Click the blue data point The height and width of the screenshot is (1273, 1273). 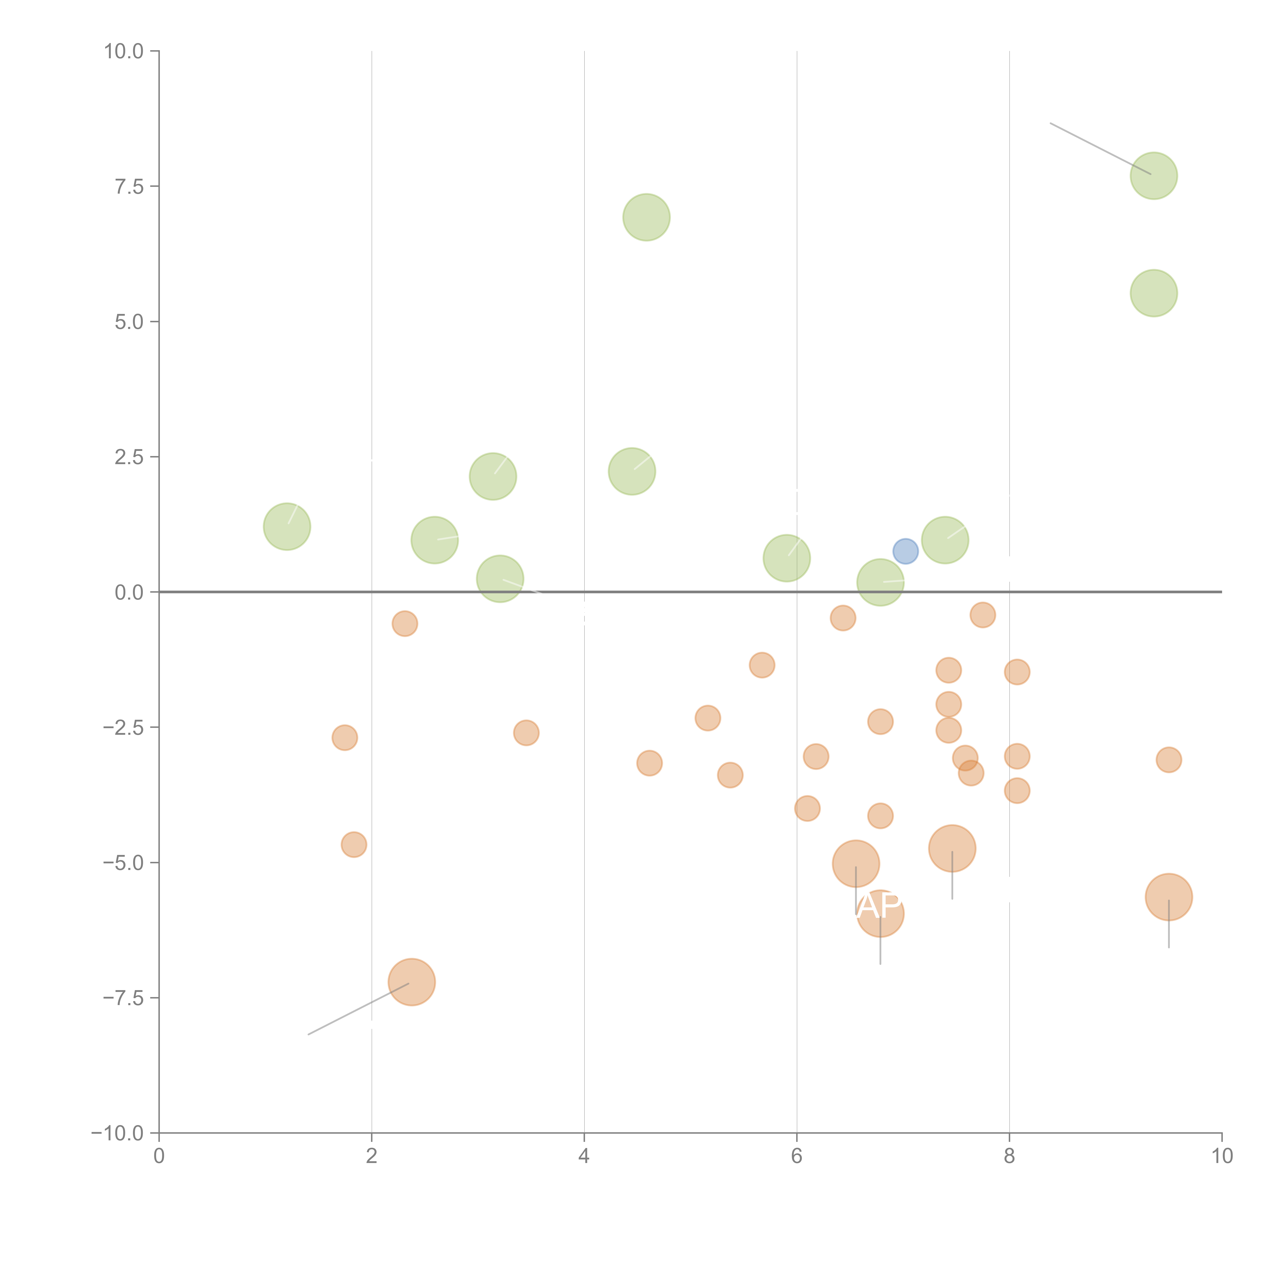point(905,551)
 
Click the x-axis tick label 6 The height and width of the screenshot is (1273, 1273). point(797,1156)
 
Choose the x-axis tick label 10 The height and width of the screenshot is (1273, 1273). point(1222,1156)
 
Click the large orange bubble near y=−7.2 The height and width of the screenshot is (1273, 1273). point(412,982)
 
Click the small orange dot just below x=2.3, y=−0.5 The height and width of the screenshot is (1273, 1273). point(405,623)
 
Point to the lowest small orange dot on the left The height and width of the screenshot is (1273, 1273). point(354,844)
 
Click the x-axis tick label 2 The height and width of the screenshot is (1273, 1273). point(372,1156)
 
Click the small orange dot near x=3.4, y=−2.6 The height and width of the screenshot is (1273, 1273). point(526,733)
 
